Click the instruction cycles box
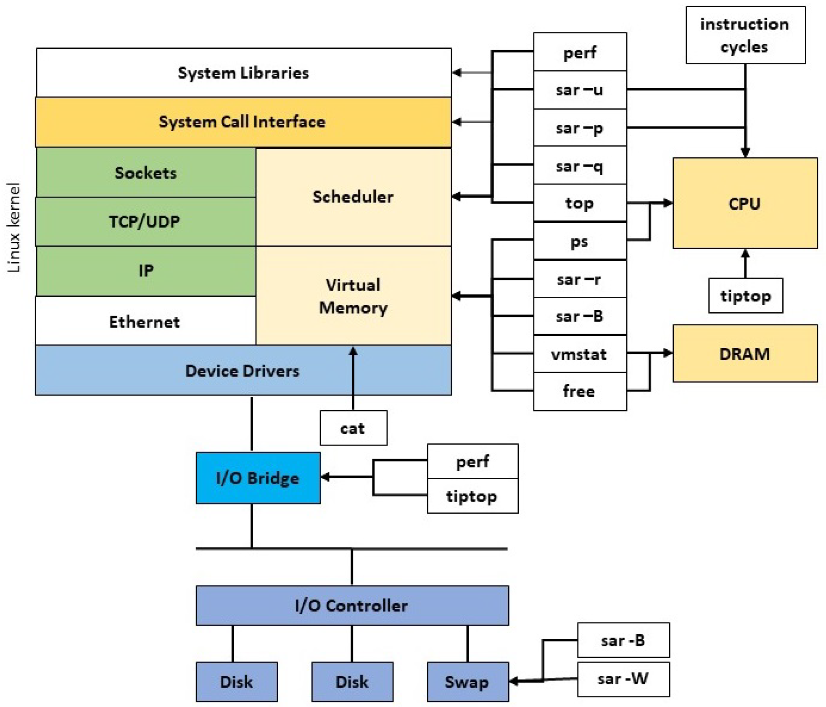point(745,35)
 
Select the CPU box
point(744,203)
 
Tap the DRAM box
point(744,353)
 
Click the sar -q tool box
point(579,166)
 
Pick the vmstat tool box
point(579,353)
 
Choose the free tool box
point(579,391)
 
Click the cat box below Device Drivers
point(353,427)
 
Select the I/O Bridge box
point(258,477)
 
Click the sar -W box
point(623,678)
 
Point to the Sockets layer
point(146,172)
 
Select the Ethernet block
point(145,321)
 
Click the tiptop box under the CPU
point(745,295)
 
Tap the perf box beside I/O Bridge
point(472,461)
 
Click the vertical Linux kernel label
point(14,227)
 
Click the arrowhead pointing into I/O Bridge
point(325,477)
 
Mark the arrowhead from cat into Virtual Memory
point(353,350)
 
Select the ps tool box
point(579,241)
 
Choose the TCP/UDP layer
point(145,222)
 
